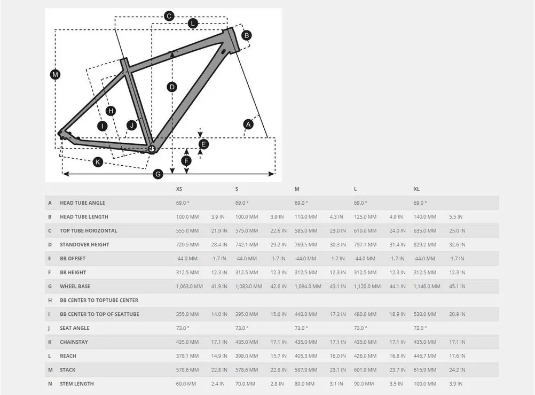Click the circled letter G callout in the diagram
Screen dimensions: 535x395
[158, 174]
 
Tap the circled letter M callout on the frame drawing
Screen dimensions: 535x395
[56, 74]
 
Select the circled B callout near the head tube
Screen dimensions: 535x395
[246, 35]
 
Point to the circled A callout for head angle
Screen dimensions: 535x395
[248, 124]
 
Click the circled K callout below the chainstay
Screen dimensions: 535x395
[98, 161]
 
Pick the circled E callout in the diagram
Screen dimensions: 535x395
[203, 144]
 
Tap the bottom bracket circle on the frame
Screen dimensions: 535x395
[151, 149]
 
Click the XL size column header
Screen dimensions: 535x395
[416, 189]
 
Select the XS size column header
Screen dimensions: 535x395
[179, 189]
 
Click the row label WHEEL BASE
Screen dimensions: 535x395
[75, 286]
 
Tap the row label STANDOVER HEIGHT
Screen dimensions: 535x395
[84, 245]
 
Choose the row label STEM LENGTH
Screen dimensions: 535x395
[77, 384]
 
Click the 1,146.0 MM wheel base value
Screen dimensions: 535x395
[427, 286]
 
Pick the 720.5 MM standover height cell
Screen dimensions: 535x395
[187, 245]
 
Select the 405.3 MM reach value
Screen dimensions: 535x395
[306, 356]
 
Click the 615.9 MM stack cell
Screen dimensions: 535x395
[425, 370]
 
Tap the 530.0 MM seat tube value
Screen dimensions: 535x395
[425, 314]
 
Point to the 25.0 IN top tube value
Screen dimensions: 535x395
[457, 231]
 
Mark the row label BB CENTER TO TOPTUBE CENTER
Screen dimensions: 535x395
[99, 300]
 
